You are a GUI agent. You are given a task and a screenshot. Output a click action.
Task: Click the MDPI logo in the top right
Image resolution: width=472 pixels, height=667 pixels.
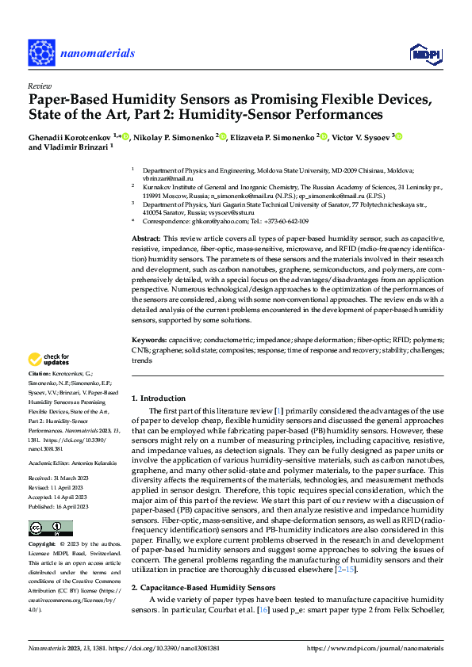424,53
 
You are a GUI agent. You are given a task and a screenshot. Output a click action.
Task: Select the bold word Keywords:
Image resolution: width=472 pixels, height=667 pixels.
149,339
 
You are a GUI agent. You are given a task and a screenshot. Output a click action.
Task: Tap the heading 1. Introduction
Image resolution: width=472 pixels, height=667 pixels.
158,398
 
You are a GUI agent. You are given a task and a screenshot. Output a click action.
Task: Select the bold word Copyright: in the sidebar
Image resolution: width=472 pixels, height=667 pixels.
42,545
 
